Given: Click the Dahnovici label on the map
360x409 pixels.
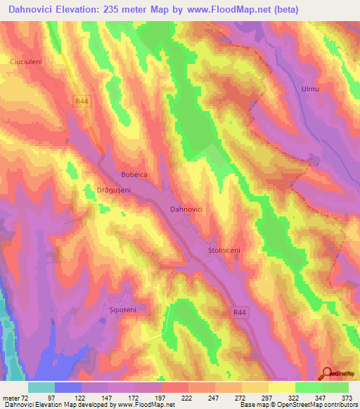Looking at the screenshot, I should click(187, 209).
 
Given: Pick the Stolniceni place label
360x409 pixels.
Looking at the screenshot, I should click(225, 249).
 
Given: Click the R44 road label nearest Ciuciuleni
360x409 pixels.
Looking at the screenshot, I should click(83, 102).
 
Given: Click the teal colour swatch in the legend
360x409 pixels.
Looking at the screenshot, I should click(41, 387).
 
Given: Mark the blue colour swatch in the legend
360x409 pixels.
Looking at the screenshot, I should click(68, 387).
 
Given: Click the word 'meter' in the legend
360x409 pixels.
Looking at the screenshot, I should click(12, 398).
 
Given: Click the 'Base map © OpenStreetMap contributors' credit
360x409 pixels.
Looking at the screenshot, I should click(298, 405).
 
